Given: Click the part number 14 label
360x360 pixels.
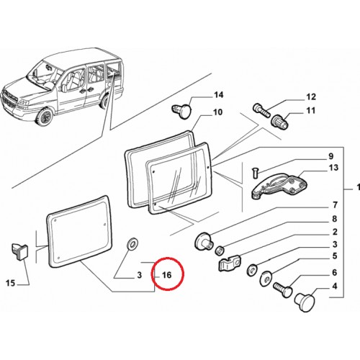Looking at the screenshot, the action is click(218, 95).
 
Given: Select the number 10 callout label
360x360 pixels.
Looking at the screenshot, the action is click(218, 112).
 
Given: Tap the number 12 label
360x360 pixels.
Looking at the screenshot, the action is click(311, 97).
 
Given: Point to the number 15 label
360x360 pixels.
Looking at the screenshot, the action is click(10, 283).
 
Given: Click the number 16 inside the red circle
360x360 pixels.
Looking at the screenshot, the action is click(167, 275).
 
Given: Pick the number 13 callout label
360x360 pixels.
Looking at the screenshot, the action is click(333, 168).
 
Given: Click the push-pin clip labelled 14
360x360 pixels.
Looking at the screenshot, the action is click(182, 110).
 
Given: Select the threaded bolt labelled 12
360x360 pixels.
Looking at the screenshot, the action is click(261, 110).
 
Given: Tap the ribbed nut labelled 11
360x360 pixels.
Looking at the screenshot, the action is click(279, 122).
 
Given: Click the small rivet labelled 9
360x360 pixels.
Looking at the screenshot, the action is click(255, 173).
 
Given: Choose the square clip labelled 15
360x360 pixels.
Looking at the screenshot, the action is click(19, 251).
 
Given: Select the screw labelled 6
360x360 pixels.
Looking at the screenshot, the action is click(283, 289).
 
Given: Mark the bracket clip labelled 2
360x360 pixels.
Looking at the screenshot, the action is click(229, 263).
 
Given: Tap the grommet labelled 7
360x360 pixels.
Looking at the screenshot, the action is click(204, 241).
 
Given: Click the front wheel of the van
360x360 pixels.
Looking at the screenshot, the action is click(44, 117).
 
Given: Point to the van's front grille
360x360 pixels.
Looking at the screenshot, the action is click(10, 99).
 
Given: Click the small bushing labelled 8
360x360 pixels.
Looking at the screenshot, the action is click(220, 250).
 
